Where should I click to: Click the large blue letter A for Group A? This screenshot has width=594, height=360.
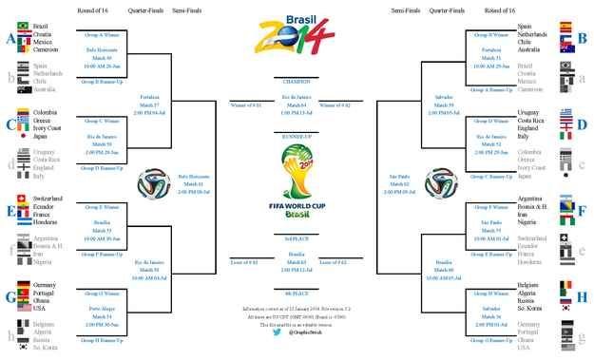coord(10,38)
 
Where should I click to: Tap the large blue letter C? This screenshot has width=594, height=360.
coord(10,124)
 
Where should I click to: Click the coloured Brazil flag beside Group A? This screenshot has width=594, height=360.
coord(23,25)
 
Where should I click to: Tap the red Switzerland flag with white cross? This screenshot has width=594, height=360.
coord(23,199)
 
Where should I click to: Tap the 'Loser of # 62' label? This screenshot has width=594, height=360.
coord(335,259)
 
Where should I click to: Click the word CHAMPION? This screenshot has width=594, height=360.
coord(297,79)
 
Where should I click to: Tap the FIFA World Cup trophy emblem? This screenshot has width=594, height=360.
coord(297,180)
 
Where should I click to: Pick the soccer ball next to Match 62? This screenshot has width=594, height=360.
coord(439,180)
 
